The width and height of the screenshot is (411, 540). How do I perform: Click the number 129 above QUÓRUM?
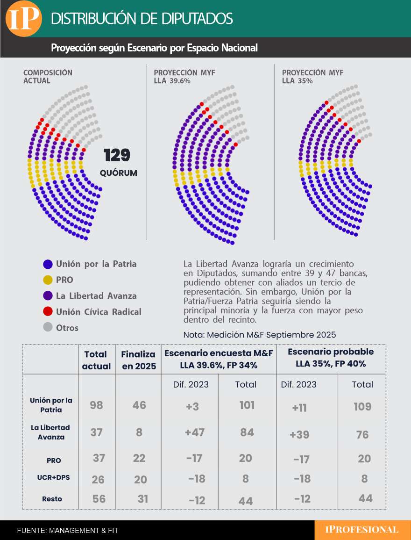117,155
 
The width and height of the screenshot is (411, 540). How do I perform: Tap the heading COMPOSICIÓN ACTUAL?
48,77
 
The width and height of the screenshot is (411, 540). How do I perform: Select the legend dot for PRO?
48,280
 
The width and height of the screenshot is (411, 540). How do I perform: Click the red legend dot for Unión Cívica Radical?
48,312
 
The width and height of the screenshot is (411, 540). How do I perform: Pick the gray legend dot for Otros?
48,328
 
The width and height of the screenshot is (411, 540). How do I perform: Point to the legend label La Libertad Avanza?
96,296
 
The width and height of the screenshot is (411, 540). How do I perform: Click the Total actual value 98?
96,405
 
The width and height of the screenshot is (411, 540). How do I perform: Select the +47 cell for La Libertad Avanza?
195,432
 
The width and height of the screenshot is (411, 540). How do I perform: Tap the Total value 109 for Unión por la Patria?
362,406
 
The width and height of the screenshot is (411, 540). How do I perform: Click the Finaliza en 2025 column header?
138,360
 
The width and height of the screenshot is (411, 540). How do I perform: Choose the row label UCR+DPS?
50,478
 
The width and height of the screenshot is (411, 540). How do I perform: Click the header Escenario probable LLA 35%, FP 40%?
331,358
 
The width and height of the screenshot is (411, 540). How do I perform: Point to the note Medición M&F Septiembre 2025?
260,335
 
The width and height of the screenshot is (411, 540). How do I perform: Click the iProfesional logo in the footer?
362,530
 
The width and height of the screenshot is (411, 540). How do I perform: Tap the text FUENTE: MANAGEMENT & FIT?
68,531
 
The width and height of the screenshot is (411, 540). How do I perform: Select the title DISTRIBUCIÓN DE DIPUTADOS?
142,19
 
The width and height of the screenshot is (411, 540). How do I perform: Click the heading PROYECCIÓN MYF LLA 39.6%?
184,77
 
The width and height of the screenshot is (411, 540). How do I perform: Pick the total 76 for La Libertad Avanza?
362,435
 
